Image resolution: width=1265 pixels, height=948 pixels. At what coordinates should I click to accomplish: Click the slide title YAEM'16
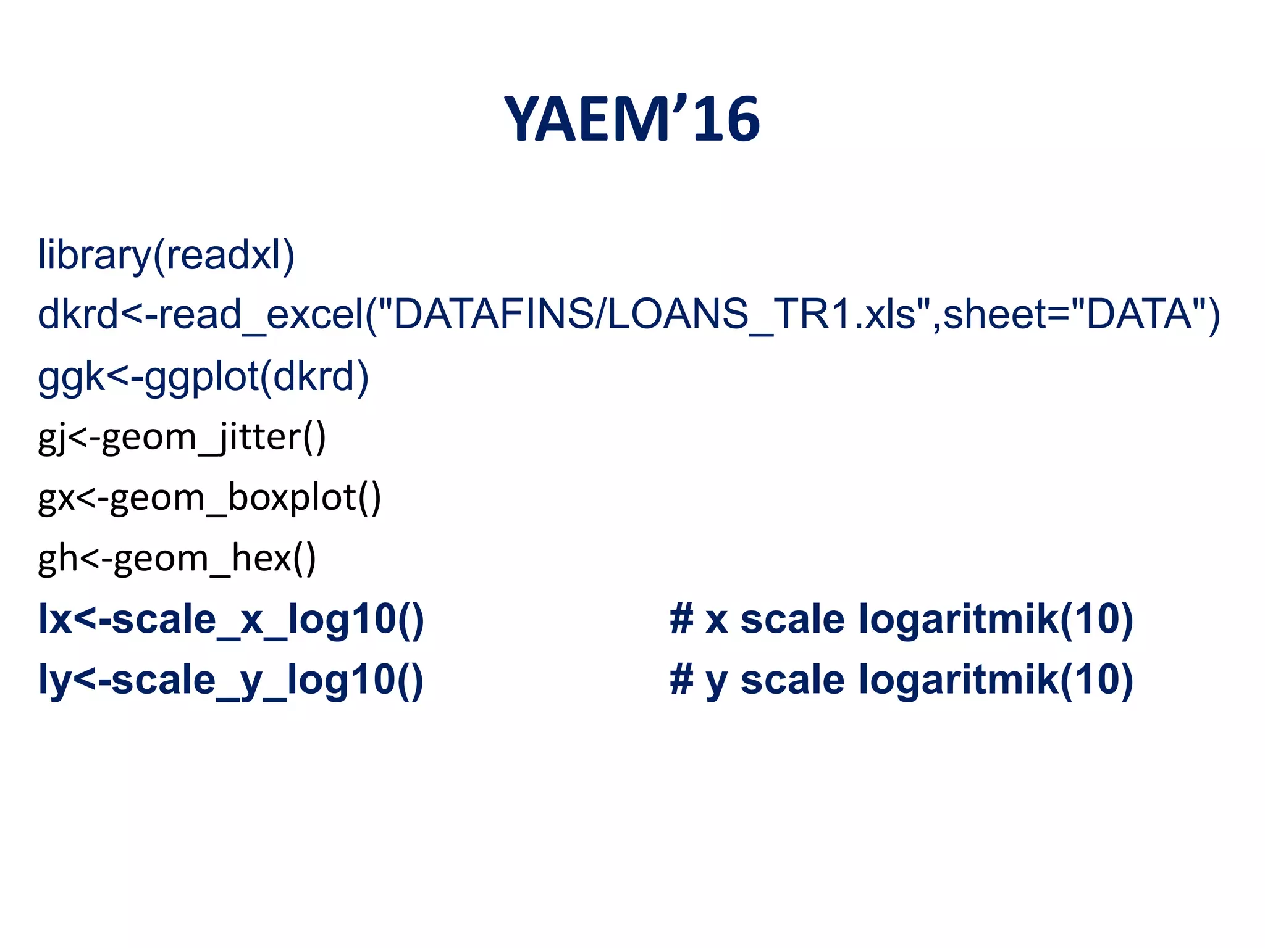632,119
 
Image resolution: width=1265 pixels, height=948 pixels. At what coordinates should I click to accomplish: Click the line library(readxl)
166,255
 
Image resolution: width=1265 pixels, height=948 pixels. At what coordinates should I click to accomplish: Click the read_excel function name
262,314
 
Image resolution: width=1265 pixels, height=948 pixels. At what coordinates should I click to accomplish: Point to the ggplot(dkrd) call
256,376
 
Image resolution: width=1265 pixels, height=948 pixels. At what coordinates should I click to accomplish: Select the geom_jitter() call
214,437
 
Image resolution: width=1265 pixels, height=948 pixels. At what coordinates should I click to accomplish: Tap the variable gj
51,438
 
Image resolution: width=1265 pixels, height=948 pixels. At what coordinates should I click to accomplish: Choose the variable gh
57,558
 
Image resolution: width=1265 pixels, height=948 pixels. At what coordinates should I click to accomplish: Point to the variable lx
54,619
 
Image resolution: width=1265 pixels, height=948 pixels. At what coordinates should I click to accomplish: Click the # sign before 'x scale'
681,619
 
